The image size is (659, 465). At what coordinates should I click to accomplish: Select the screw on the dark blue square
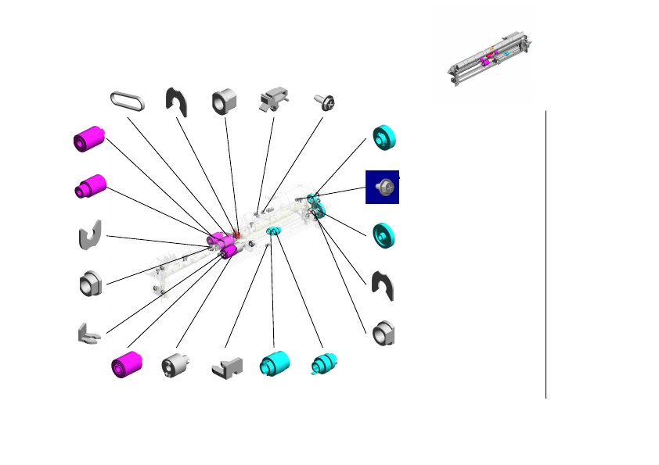383,187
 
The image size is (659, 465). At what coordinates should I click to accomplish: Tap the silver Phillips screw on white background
325,101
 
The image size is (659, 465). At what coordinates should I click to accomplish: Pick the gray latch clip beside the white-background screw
274,100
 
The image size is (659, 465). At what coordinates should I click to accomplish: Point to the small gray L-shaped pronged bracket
88,334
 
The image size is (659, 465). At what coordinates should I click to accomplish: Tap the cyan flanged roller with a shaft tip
322,364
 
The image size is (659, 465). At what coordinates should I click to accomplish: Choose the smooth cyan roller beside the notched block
274,364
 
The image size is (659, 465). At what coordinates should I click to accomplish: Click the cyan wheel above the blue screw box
385,138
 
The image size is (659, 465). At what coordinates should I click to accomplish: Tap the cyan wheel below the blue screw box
384,234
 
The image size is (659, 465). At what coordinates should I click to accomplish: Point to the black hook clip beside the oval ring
178,102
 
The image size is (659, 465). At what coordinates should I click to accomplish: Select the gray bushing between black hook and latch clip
225,101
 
